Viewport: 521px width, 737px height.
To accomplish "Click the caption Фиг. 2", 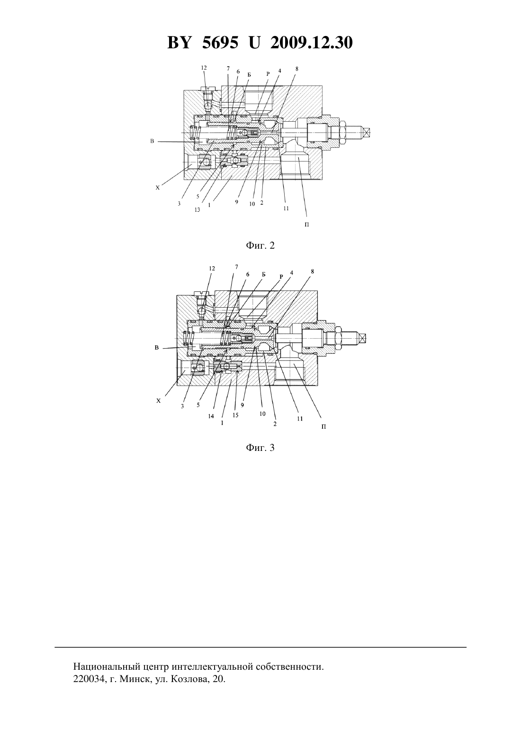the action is coord(260,245).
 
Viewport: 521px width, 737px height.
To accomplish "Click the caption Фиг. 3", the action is coord(260,448).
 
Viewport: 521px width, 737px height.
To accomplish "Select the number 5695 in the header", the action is coord(220,43).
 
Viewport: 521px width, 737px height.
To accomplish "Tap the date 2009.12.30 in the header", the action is coord(312,43).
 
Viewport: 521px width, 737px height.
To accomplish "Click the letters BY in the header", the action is coord(179,43).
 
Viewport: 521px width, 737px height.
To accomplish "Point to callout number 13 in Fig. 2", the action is coord(197,210).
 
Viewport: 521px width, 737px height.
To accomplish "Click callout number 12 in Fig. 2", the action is coord(204,68).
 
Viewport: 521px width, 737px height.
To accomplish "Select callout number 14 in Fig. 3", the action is coord(211,416).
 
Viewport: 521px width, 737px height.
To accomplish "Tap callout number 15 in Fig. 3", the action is coord(235,415).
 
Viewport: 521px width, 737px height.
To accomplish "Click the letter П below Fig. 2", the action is coord(306,225).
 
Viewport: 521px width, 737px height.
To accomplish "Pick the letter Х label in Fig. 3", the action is coord(158,401).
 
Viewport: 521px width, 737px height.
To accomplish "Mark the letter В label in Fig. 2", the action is coord(152,142).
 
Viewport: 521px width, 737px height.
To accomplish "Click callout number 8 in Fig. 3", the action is coord(313,271).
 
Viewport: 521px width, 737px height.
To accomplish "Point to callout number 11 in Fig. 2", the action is coord(286,208).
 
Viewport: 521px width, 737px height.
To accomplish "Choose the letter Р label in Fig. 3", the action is coord(281,277).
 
